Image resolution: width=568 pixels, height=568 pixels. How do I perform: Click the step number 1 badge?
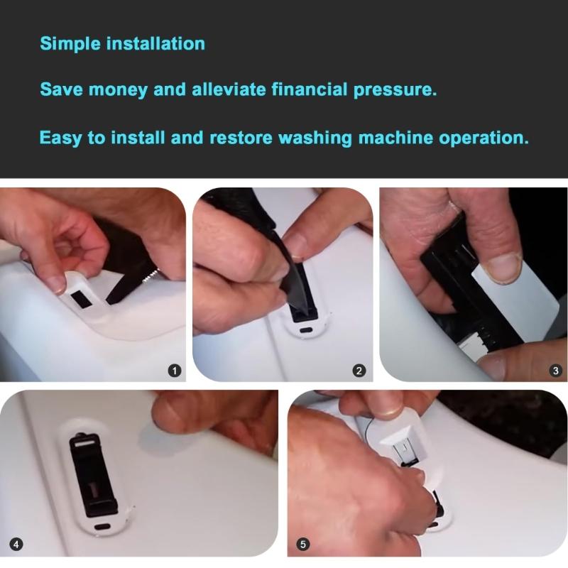tap(175, 371)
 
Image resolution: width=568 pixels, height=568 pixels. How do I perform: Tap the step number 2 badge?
tap(359, 371)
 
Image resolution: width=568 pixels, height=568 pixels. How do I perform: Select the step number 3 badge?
tap(556, 371)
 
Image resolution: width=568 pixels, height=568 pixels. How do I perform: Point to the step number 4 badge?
tap(16, 544)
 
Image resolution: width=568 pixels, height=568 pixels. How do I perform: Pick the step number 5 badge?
tap(303, 544)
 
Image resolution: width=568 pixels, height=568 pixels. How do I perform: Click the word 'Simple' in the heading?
tap(70, 44)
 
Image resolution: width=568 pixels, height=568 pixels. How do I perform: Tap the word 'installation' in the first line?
tap(155, 43)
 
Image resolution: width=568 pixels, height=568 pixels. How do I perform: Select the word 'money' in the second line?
tap(118, 90)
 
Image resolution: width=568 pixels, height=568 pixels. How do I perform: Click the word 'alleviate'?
tap(229, 89)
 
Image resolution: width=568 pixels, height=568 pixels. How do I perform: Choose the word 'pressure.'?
tap(395, 90)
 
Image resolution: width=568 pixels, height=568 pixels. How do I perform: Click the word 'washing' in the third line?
tap(315, 138)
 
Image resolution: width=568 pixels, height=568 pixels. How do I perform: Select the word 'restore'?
tap(241, 138)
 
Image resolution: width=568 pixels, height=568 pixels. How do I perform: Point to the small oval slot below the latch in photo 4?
tap(102, 526)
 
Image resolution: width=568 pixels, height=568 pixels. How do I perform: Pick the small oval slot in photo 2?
tap(307, 330)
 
